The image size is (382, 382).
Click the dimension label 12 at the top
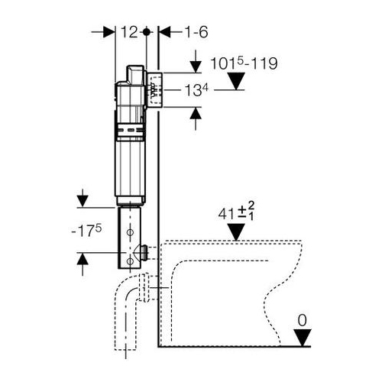129,32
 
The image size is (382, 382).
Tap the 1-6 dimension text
196,32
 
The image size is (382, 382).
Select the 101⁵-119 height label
244,63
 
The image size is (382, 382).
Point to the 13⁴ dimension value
196,90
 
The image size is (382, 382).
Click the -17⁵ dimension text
86,231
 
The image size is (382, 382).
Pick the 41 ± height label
236,212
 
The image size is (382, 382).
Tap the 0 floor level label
303,320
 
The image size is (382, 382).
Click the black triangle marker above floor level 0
303,337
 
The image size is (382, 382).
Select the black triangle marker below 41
236,231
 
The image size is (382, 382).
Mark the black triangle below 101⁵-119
236,81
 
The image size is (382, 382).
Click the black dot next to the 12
146,32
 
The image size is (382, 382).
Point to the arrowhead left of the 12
109,32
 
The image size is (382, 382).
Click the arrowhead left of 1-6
165,32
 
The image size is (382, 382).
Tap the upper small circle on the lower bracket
130,232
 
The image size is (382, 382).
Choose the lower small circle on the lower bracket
130,261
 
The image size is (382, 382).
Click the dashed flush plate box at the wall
155,90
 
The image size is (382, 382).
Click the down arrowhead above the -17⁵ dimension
83,202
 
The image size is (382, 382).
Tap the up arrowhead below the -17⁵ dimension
83,259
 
